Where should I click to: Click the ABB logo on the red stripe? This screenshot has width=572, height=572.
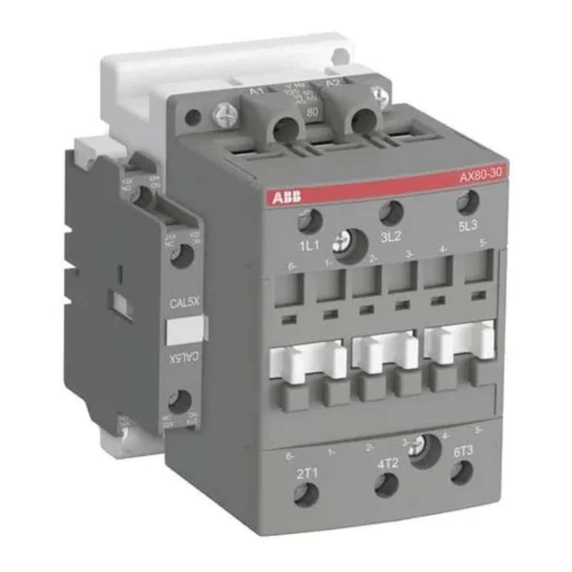[287, 198]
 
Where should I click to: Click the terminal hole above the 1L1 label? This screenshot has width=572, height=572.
[310, 221]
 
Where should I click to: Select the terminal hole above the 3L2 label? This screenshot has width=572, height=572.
[392, 213]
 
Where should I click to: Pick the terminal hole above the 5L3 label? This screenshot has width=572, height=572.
[467, 202]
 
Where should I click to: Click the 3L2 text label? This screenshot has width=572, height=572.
[391, 237]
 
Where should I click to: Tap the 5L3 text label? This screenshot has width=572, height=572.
[468, 225]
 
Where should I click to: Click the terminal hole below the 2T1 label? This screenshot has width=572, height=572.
[306, 495]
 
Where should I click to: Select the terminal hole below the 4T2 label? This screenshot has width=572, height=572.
[387, 485]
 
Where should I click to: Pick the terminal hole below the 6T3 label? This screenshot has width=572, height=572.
[462, 472]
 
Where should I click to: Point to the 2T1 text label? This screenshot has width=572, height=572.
[307, 473]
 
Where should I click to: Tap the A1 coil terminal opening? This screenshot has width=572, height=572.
[286, 129]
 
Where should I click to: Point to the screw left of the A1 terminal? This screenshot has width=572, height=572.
[223, 114]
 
